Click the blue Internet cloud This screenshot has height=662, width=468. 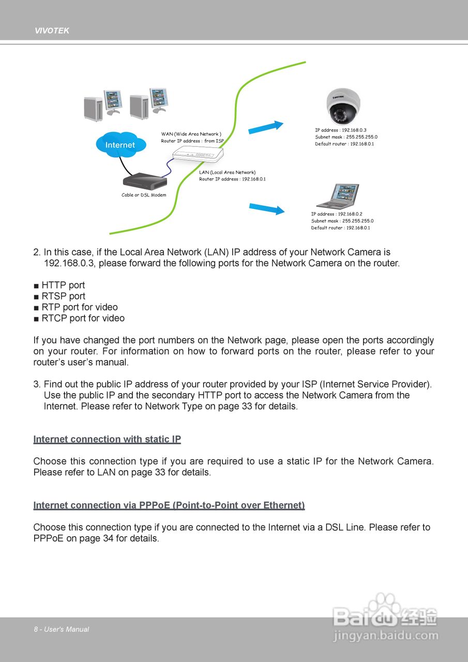(x=120, y=144)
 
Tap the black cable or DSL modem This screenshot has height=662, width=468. (x=145, y=180)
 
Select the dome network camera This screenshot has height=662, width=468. (x=343, y=106)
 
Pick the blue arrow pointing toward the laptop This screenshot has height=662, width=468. (x=267, y=208)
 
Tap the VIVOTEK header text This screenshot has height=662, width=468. (x=52, y=31)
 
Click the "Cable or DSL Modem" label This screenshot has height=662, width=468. (x=144, y=195)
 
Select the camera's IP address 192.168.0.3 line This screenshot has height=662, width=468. (x=341, y=130)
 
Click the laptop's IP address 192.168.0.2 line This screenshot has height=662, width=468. (x=337, y=214)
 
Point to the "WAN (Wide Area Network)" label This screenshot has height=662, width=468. (x=191, y=134)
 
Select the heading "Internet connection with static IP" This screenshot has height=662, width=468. (x=107, y=439)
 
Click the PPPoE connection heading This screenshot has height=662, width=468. (x=169, y=505)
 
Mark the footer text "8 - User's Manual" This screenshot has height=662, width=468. (x=62, y=629)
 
